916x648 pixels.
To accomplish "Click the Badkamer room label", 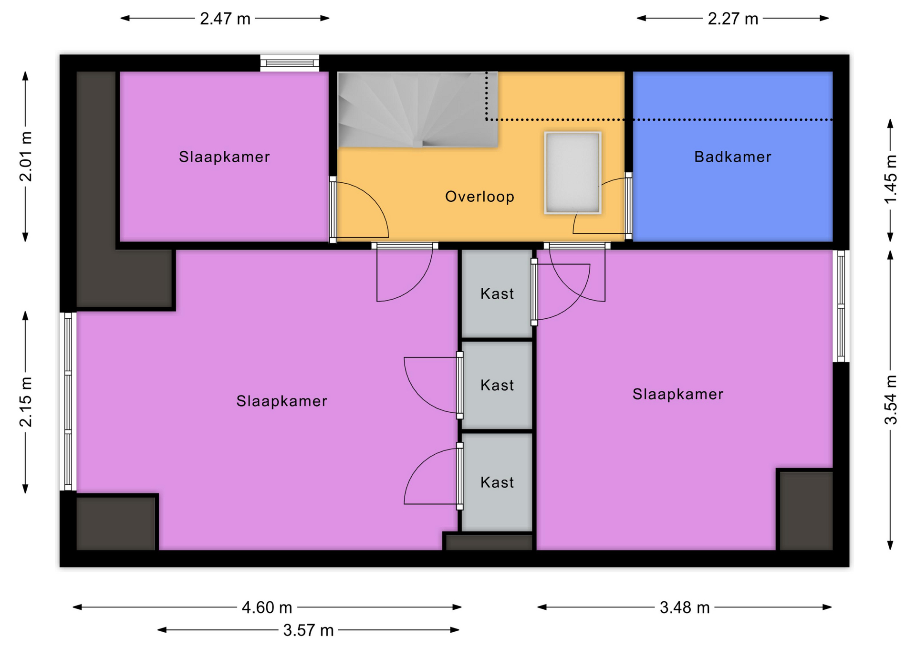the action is pos(732,157).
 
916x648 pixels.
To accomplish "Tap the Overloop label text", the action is pos(479,197).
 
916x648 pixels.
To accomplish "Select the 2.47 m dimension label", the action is pos(225,19).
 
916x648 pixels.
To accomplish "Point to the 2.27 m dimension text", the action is pos(733,19).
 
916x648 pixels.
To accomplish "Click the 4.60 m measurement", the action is pos(267,607).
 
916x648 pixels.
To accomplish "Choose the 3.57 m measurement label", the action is pos(308,630).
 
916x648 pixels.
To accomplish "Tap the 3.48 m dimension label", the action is pos(685,607).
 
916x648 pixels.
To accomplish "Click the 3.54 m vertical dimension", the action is pos(890,400).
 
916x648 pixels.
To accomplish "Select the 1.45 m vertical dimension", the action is pos(890,179).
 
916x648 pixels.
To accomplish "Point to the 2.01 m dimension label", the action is pos(26,157).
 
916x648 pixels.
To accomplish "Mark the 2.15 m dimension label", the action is pos(26,402).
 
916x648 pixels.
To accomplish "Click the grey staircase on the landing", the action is pos(417,110).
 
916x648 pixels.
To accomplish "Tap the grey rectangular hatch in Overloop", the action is pos(572,173).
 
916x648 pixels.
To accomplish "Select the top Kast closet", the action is pos(497,293).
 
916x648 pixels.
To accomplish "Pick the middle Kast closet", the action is pos(497,385).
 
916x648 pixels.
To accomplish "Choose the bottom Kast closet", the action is pos(497,482).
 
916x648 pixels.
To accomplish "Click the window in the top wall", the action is pos(290,63).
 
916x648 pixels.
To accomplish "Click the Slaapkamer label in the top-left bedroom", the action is pos(224,157).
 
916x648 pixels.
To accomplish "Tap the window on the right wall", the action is pos(841,306).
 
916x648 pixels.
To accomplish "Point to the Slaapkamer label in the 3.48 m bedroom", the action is pos(678,394).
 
